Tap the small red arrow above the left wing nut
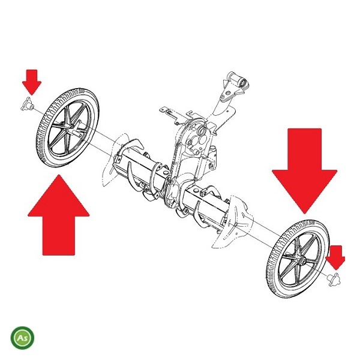[x=32, y=82]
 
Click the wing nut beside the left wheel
[x=28, y=104]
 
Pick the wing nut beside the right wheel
[x=334, y=280]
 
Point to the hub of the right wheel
[x=301, y=260]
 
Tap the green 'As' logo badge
[x=23, y=338]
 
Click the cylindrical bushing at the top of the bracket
[x=237, y=80]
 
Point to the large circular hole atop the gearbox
[x=202, y=131]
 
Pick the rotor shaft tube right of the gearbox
[x=206, y=202]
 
